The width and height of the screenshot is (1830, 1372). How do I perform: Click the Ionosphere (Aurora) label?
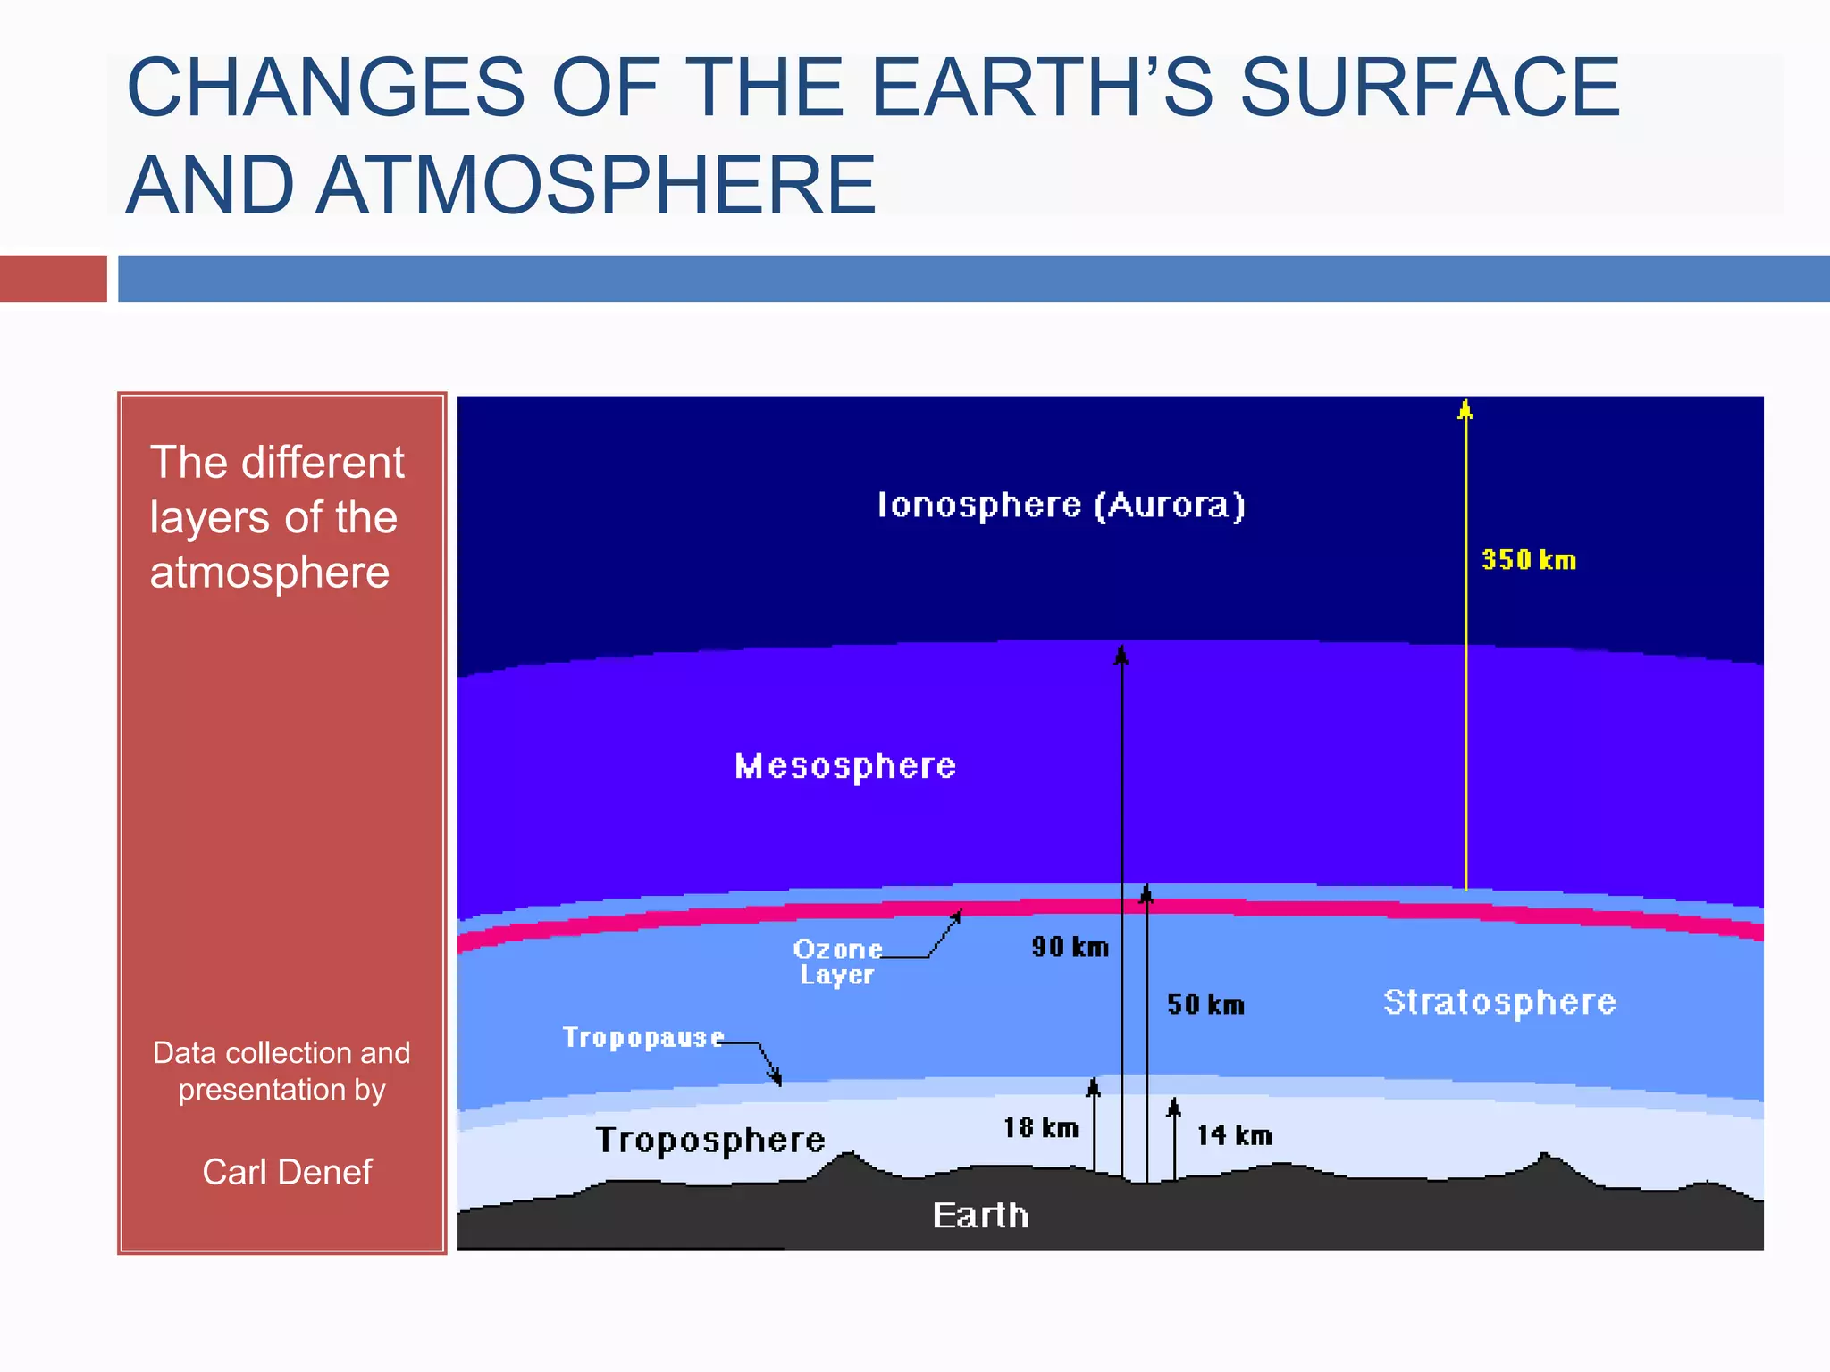pyautogui.click(x=1061, y=506)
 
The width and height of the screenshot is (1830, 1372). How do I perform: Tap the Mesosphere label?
pyautogui.click(x=845, y=766)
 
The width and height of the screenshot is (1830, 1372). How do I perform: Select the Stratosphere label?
pyautogui.click(x=1499, y=1002)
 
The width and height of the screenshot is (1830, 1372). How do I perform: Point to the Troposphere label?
pyautogui.click(x=710, y=1141)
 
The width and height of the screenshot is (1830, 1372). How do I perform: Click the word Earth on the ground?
pyautogui.click(x=980, y=1216)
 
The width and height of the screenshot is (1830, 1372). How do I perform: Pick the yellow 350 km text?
pyautogui.click(x=1529, y=560)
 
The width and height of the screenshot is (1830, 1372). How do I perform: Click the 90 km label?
pyautogui.click(x=1070, y=947)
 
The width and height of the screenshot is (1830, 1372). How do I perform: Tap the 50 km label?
pyautogui.click(x=1205, y=1005)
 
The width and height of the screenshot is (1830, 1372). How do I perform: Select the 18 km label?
pyautogui.click(x=1041, y=1128)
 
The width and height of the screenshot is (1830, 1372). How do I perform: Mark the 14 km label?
pyautogui.click(x=1234, y=1136)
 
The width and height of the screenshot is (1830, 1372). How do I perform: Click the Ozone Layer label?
pyautogui.click(x=837, y=962)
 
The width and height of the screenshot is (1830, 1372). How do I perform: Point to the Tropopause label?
pyautogui.click(x=642, y=1038)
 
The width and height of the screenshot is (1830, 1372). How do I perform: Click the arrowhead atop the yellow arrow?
pyautogui.click(x=1465, y=410)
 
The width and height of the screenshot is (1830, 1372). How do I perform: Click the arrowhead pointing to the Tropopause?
pyautogui.click(x=776, y=1078)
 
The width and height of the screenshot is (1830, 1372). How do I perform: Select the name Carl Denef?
pyautogui.click(x=287, y=1172)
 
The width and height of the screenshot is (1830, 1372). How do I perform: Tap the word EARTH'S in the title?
pyautogui.click(x=1042, y=88)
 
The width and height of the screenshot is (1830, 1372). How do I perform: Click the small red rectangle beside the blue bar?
pyautogui.click(x=53, y=279)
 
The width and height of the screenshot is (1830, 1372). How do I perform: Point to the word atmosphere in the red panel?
pyautogui.click(x=270, y=573)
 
